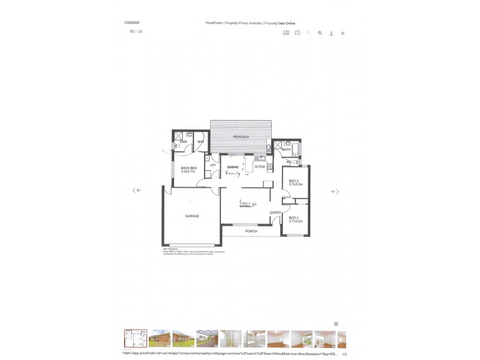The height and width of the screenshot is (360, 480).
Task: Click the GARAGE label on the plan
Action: click(191, 216)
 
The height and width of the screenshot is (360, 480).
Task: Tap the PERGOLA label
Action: click(241, 137)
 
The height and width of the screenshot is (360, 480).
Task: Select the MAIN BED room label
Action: click(189, 168)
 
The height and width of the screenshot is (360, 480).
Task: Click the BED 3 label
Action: click(294, 218)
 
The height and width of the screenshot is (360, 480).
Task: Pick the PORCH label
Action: click(251, 231)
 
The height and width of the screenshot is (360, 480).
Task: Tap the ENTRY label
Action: click(275, 212)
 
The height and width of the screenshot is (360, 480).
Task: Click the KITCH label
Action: click(260, 167)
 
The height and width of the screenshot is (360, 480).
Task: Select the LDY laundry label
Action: click(212, 165)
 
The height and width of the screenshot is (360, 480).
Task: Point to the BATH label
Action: click(286, 149)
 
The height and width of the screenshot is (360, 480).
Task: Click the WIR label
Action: click(201, 142)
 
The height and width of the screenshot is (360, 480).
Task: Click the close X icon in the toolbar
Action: click(343, 33)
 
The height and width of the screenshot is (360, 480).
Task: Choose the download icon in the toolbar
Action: click(331, 33)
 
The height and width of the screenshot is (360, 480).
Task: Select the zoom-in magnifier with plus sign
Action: click(320, 33)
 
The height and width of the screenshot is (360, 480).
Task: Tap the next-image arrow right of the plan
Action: click(335, 191)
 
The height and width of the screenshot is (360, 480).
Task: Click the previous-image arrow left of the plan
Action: click(137, 190)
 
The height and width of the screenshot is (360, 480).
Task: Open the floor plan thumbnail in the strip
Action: click(135, 338)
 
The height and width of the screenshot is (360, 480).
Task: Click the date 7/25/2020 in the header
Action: click(131, 23)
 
